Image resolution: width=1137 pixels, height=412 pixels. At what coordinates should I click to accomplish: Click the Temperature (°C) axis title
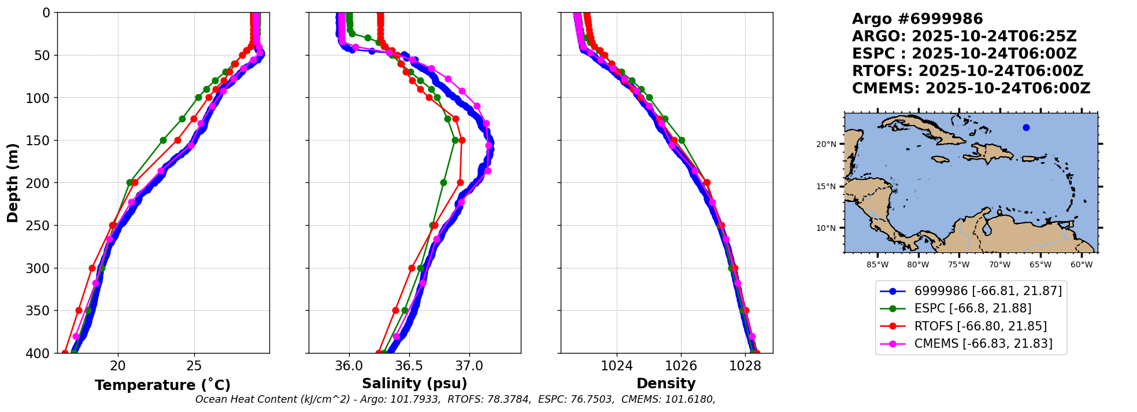162,385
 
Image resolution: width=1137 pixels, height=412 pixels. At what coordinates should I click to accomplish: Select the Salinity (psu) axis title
414,384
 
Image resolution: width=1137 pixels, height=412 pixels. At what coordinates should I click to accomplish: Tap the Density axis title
666,384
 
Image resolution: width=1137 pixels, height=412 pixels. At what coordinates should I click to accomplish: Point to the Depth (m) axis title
13,183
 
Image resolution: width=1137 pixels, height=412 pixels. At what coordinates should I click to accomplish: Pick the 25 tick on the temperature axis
194,366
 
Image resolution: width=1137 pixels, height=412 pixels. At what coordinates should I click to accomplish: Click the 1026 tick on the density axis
681,366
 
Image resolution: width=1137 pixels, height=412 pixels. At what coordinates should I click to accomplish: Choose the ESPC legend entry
972,308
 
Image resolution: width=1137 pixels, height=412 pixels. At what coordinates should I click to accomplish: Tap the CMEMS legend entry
983,344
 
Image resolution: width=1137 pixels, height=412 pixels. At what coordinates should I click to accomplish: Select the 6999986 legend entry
988,291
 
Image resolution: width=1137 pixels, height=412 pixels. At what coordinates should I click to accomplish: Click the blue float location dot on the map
1026,127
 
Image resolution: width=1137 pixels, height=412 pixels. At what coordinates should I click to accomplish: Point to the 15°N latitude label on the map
826,186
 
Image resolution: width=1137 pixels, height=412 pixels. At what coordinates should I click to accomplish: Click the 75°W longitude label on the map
958,265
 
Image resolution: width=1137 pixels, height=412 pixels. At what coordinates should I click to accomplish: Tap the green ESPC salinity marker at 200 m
443,182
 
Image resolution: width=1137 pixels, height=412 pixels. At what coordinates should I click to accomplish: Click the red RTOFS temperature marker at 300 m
92,268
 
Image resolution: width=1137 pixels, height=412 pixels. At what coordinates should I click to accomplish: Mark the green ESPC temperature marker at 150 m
163,140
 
